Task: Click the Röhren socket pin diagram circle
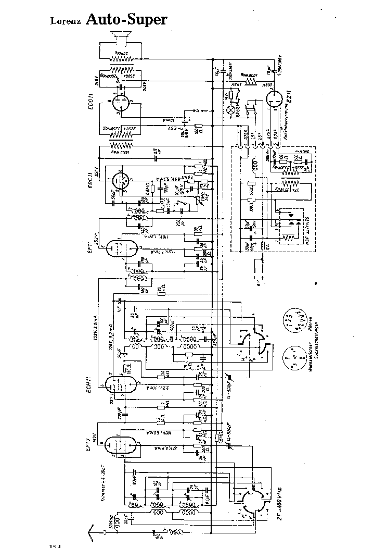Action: pos(291,322)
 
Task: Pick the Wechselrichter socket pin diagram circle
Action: pos(291,359)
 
